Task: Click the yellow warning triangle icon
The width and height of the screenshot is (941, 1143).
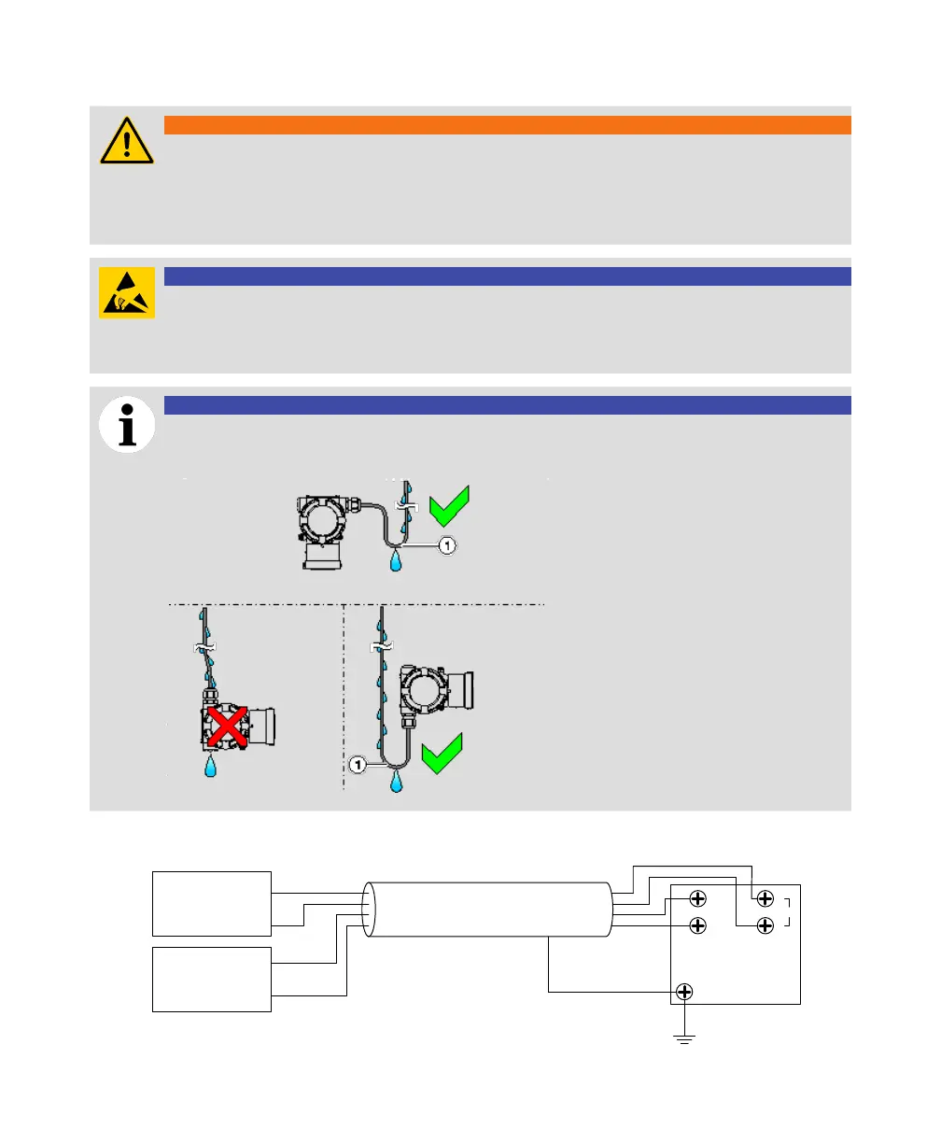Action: (127, 142)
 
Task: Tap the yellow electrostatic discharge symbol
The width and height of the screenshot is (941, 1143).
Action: (127, 292)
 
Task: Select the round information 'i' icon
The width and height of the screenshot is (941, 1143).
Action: (127, 425)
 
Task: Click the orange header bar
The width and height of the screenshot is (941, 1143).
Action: (507, 125)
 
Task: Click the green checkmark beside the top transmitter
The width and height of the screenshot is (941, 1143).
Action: (447, 508)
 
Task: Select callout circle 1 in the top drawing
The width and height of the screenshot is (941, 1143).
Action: (447, 545)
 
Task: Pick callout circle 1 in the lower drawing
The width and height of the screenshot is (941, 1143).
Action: (358, 765)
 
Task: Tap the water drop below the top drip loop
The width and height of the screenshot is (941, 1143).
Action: (398, 560)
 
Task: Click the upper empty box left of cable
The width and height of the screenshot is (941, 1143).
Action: (212, 903)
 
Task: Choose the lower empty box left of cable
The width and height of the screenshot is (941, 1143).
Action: (212, 979)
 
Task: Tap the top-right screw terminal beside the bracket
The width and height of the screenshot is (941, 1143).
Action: (765, 898)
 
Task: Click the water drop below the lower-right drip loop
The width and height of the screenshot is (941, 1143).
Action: (398, 781)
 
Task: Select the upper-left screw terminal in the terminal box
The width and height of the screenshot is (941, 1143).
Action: (696, 898)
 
